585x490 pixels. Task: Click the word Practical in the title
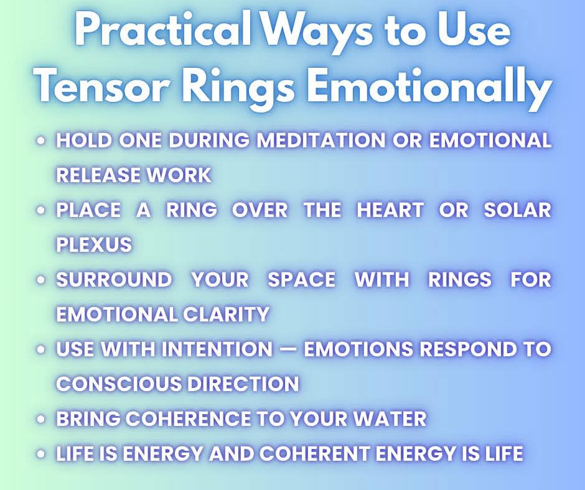(162, 29)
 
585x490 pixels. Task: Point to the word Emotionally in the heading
(429, 88)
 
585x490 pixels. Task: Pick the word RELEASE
(97, 175)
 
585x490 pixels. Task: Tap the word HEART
(390, 210)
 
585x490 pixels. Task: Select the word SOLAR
(517, 210)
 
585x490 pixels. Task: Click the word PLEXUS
(94, 244)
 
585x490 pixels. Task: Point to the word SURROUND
(114, 279)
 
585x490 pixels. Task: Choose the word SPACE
(301, 279)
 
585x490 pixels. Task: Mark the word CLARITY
(226, 314)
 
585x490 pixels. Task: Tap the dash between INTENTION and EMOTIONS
(288, 349)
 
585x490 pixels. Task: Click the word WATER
(390, 418)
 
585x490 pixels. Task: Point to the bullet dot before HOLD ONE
(41, 141)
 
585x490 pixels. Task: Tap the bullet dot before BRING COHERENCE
(41, 419)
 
